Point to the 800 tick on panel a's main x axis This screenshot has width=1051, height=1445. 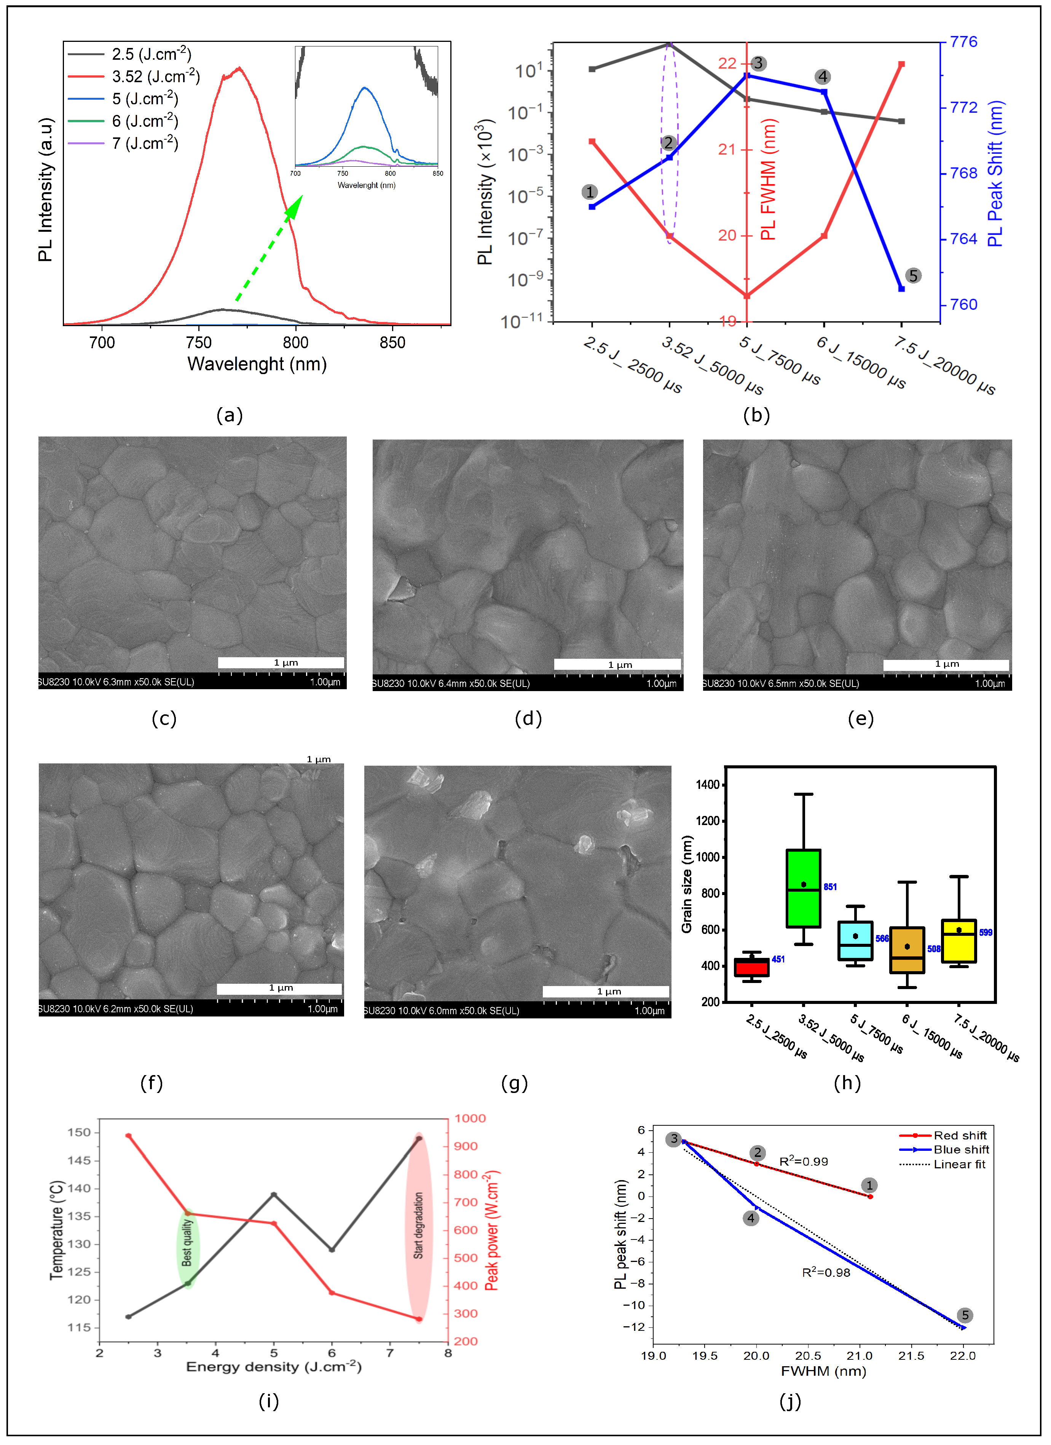click(295, 343)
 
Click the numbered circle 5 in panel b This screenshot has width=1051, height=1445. click(913, 276)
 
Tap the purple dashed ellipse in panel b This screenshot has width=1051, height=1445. click(669, 140)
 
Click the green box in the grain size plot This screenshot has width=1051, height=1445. click(803, 888)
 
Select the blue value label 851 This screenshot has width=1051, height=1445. click(830, 887)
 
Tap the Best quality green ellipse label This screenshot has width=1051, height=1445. click(187, 1243)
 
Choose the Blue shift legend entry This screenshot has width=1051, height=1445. click(960, 1149)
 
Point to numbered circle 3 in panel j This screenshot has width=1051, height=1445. click(674, 1139)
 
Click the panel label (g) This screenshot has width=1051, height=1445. click(514, 1083)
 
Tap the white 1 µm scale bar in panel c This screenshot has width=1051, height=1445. click(281, 663)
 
